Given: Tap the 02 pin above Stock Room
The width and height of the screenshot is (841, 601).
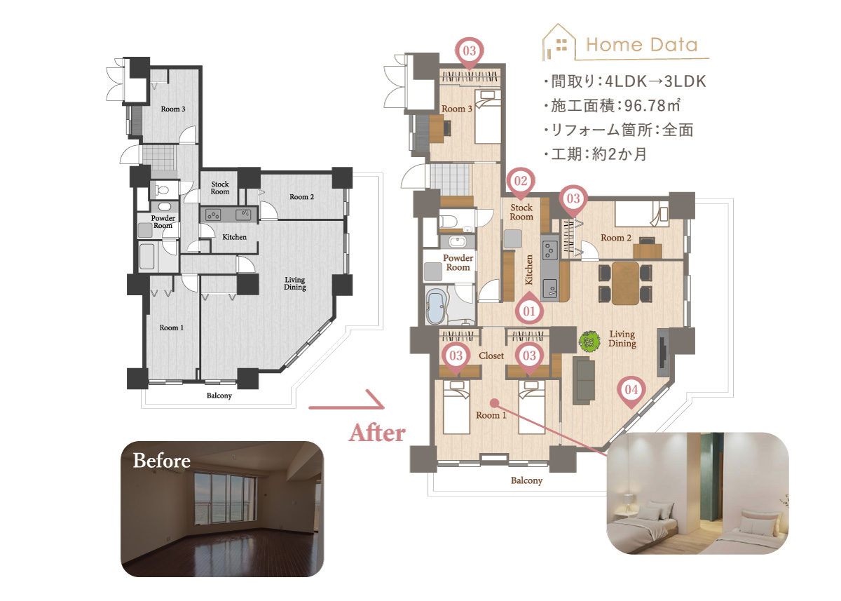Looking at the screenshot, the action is pos(521,182).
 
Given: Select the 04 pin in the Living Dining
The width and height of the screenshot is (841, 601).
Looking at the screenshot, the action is pos(631,391).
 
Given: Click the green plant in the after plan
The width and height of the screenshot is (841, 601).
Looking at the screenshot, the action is pos(589,342).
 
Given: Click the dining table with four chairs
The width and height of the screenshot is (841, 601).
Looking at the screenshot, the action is pos(625,283).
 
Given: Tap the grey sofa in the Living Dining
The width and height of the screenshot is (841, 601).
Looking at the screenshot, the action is pos(584,380).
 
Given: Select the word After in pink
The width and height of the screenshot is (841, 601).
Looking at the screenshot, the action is pos(377,433).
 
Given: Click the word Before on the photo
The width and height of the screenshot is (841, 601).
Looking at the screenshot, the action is pos(161,461).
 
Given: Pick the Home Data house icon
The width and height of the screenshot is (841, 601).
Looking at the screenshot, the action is pos(559,42).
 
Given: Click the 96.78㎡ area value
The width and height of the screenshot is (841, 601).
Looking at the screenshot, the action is pos(652,106).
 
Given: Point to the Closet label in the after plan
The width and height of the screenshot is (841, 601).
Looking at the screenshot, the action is pos(491,356).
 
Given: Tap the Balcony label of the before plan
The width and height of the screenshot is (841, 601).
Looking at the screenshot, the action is pos(219,396).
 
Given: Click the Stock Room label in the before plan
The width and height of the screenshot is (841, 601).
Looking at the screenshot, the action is pos(219,188).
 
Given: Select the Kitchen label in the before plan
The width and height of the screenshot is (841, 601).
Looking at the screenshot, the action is pos(234,237).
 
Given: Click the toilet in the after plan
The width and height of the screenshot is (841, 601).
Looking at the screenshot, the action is pos(448,221).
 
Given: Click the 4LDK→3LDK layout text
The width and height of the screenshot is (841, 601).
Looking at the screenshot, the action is pos(655,81).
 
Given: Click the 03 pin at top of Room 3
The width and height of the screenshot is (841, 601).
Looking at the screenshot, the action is pos(470,51).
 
